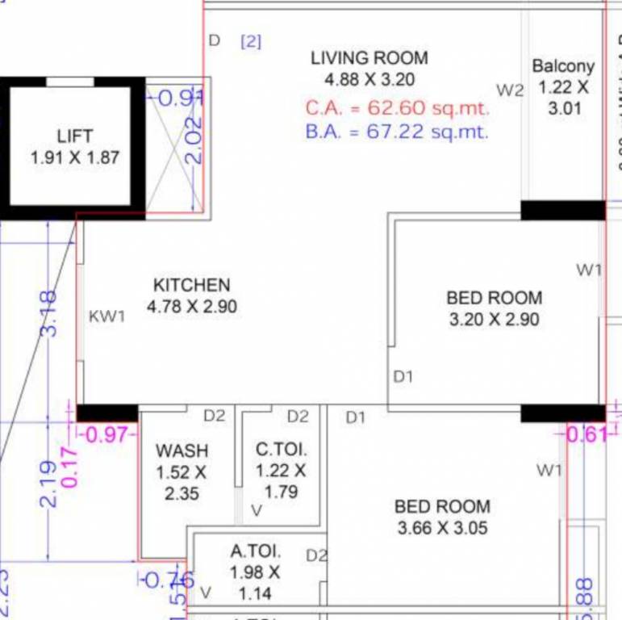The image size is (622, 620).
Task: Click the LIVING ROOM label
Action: click(x=369, y=58)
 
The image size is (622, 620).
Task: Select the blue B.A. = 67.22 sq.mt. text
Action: click(x=397, y=132)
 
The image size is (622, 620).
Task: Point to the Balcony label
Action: click(x=563, y=67)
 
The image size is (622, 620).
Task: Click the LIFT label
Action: click(x=75, y=136)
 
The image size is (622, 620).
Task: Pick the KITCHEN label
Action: click(x=191, y=285)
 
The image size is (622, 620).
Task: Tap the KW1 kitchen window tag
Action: click(x=107, y=316)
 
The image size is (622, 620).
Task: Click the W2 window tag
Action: click(x=510, y=90)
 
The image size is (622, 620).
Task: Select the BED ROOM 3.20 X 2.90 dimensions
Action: click(x=494, y=320)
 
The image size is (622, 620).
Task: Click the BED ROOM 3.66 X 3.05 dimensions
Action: click(x=443, y=529)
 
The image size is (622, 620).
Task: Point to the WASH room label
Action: click(x=182, y=450)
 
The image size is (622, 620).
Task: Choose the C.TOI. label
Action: click(x=282, y=450)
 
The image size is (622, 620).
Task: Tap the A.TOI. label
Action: click(x=255, y=552)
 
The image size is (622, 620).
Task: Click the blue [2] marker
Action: click(x=251, y=41)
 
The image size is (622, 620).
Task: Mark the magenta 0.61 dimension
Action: click(x=586, y=435)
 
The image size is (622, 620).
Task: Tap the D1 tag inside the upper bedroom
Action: click(x=403, y=376)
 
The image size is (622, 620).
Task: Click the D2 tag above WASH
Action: click(x=214, y=416)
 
